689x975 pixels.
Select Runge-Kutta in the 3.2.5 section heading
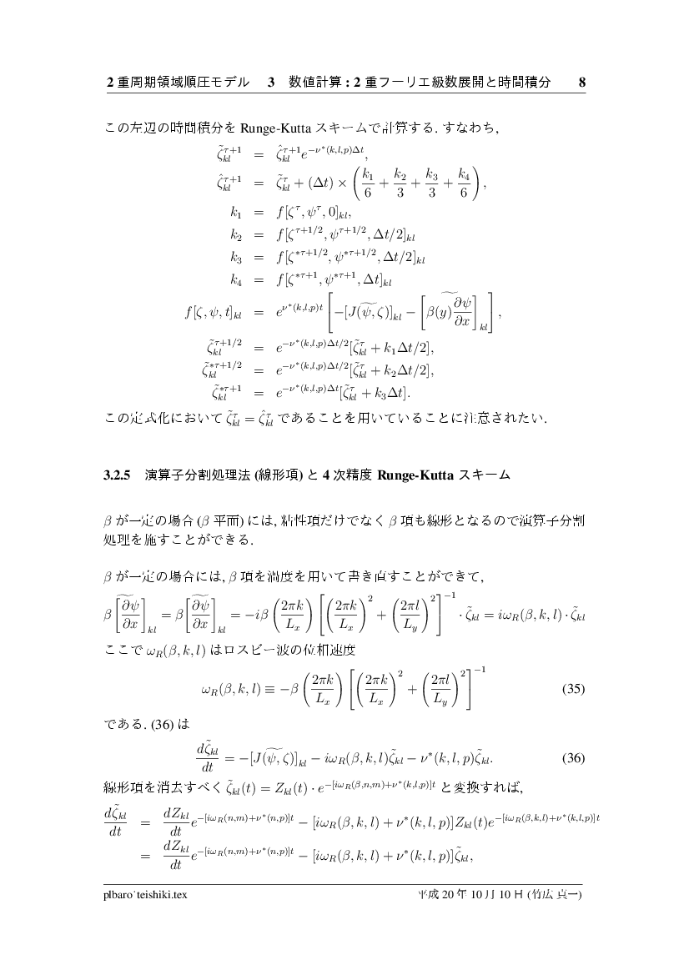pos(415,476)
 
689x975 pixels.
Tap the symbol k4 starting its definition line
pos(234,275)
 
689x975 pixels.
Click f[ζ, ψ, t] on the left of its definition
pos(212,314)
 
